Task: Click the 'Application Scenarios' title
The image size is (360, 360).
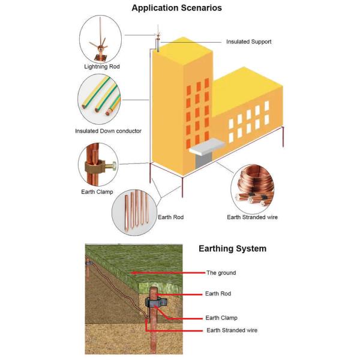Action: click(x=176, y=8)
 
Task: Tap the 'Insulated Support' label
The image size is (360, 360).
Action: click(x=248, y=42)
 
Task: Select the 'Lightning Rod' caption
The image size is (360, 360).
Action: click(x=101, y=67)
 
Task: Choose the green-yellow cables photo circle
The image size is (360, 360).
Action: click(x=100, y=100)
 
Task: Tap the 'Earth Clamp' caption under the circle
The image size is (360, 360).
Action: click(x=96, y=192)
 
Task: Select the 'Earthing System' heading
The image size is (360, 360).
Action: click(x=232, y=248)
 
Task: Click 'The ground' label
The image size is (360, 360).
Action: click(x=221, y=272)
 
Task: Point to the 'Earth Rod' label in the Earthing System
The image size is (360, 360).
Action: click(x=218, y=294)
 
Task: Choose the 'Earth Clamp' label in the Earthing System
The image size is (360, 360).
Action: click(x=221, y=317)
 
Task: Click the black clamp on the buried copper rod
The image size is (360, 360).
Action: click(x=155, y=303)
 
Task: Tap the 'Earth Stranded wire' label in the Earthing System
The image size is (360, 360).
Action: click(x=233, y=330)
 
